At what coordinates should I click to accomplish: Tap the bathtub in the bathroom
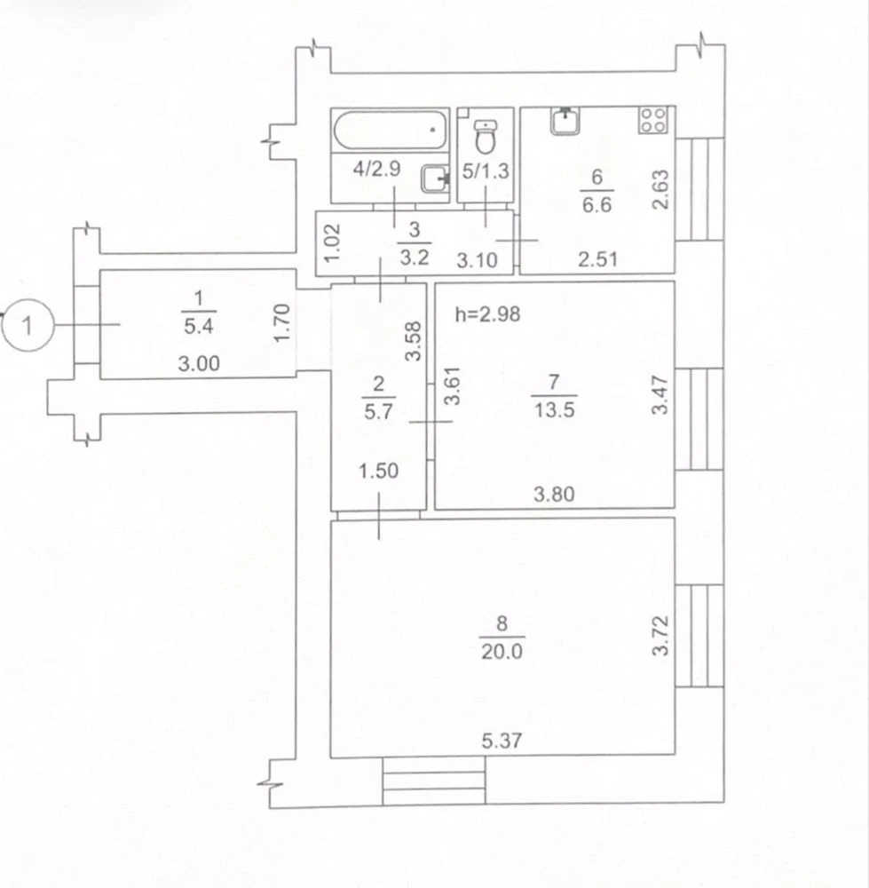click(390, 130)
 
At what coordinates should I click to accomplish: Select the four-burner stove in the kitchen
click(652, 120)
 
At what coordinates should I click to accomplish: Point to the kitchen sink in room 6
click(565, 121)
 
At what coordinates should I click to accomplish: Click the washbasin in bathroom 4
click(435, 179)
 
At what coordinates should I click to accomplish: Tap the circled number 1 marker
click(28, 325)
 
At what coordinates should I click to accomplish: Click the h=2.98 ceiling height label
click(487, 313)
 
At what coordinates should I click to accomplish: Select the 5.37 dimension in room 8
click(502, 741)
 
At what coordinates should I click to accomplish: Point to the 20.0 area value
click(502, 652)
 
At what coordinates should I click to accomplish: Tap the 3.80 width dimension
click(554, 495)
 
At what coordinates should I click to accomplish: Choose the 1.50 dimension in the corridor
click(379, 471)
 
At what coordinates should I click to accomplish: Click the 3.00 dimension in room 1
click(199, 363)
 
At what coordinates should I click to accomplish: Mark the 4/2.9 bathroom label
click(376, 169)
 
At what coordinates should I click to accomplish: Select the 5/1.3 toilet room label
click(486, 171)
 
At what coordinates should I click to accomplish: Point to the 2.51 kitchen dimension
click(598, 259)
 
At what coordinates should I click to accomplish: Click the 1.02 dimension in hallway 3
click(334, 243)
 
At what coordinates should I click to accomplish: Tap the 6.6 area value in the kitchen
click(597, 204)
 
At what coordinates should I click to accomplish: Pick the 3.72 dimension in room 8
click(660, 636)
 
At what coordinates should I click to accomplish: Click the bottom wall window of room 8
click(434, 781)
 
